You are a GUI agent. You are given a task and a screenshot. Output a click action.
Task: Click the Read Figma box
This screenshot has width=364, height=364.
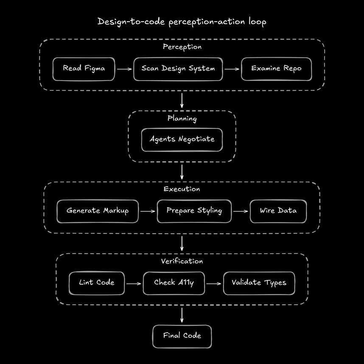84,69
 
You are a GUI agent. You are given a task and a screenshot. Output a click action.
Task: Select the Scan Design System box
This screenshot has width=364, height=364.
178,69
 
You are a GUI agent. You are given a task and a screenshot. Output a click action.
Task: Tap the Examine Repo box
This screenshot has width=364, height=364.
276,69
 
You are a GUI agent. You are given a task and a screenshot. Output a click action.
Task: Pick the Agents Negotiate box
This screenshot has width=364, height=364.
182,140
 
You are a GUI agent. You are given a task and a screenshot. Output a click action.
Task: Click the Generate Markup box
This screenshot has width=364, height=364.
98,211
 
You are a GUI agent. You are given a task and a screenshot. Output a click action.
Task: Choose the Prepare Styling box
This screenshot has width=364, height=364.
194,211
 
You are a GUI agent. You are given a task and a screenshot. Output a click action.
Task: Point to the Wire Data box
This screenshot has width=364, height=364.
278,211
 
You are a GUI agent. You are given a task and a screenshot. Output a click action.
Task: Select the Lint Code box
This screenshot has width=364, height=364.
97,283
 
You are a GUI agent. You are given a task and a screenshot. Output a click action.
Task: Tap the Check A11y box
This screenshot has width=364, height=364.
174,283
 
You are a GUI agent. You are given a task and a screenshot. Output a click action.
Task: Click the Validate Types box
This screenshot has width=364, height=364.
259,283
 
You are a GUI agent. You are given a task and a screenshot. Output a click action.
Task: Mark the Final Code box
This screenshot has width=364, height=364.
182,336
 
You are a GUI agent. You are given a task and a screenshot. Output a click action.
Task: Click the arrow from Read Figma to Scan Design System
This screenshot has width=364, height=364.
124,69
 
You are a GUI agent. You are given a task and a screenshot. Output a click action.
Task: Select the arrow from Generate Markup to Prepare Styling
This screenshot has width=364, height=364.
148,211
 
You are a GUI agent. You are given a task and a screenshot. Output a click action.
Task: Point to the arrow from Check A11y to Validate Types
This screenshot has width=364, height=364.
214,283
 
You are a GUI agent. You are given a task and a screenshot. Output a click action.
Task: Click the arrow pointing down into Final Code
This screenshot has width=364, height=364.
182,315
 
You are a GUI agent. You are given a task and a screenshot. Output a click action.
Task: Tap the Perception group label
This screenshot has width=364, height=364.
182,47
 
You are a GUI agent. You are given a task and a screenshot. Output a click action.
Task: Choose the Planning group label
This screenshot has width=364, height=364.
182,119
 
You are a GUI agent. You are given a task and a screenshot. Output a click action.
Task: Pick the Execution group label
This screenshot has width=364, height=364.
182,189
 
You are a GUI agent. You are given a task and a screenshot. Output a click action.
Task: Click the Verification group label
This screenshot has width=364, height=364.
182,261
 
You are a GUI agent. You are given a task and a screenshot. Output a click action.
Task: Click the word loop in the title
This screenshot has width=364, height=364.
258,22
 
